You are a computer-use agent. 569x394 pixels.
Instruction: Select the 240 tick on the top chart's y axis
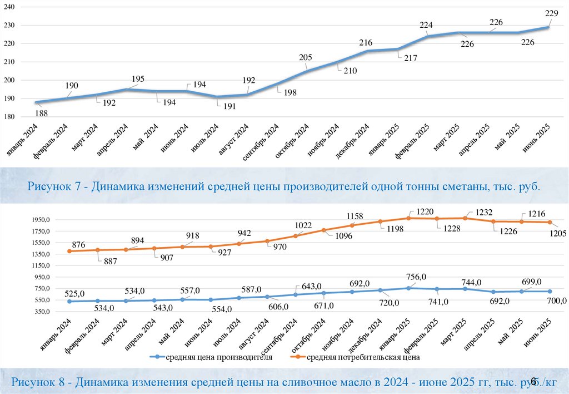pos(11,7)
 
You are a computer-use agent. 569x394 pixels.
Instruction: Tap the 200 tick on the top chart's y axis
pos(11,80)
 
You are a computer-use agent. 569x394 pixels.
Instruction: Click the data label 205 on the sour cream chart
pos(306,57)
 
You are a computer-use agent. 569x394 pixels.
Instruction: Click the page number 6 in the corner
pos(533,381)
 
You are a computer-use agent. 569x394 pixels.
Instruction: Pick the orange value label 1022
pos(303,225)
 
